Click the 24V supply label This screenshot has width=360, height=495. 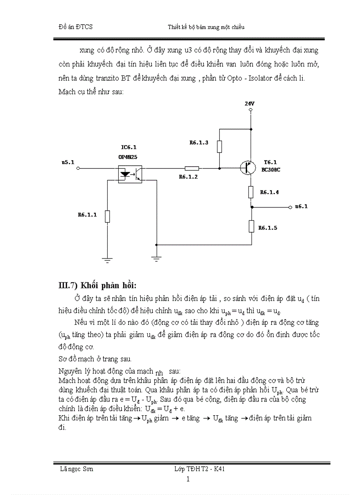click(250, 104)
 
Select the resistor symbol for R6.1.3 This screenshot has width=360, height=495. click(219, 146)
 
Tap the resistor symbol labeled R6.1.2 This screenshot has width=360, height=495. click(191, 168)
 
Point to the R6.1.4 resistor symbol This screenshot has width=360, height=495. click(251, 192)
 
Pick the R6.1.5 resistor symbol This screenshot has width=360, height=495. click(251, 226)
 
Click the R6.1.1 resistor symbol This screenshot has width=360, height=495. click(107, 216)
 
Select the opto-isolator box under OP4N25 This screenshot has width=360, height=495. click(130, 173)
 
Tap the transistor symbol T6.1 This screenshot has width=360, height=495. click(248, 168)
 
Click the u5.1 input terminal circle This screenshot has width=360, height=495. click(79, 168)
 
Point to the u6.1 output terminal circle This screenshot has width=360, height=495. click(289, 207)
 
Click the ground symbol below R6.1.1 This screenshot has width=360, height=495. click(107, 260)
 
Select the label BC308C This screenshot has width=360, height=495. click(272, 169)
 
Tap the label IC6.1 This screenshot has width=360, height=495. click(128, 146)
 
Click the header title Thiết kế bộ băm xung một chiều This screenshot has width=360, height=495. click(206, 27)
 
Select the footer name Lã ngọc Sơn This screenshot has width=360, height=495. click(76, 469)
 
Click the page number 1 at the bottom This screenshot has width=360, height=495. click(188, 479)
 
